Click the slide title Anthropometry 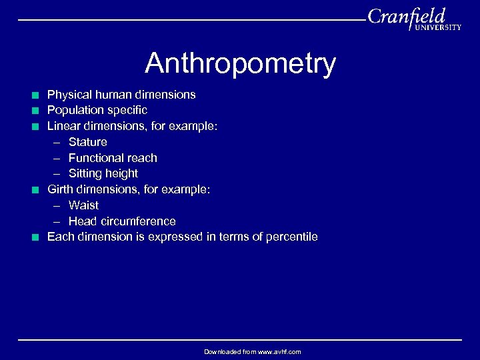point(240,64)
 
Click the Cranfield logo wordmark point(406,16)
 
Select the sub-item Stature point(87,142)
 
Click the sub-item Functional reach point(113,158)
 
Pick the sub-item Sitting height point(103,173)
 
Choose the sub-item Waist point(83,205)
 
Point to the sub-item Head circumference point(122,221)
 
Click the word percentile point(291,237)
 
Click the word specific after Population point(124,110)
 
